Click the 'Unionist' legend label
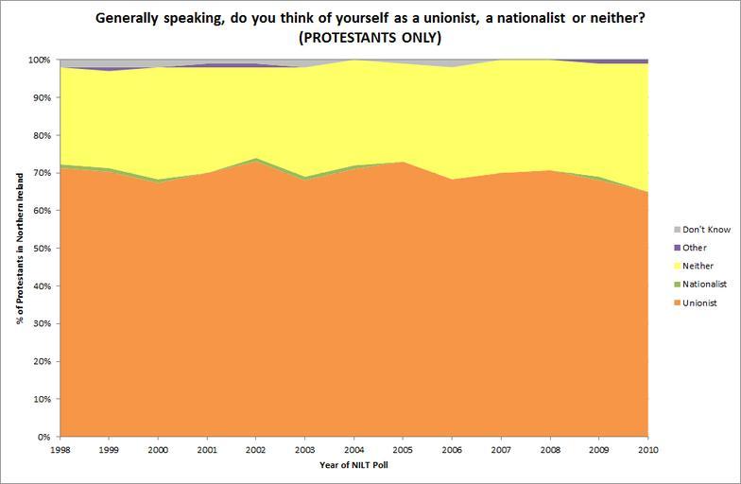point(700,302)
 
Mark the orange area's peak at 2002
point(255,163)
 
